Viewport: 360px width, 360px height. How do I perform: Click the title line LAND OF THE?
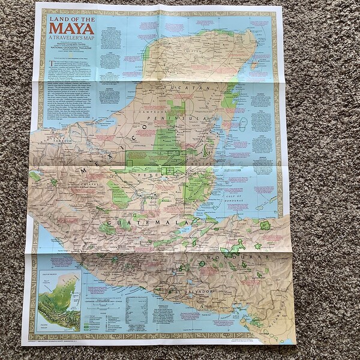72,19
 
